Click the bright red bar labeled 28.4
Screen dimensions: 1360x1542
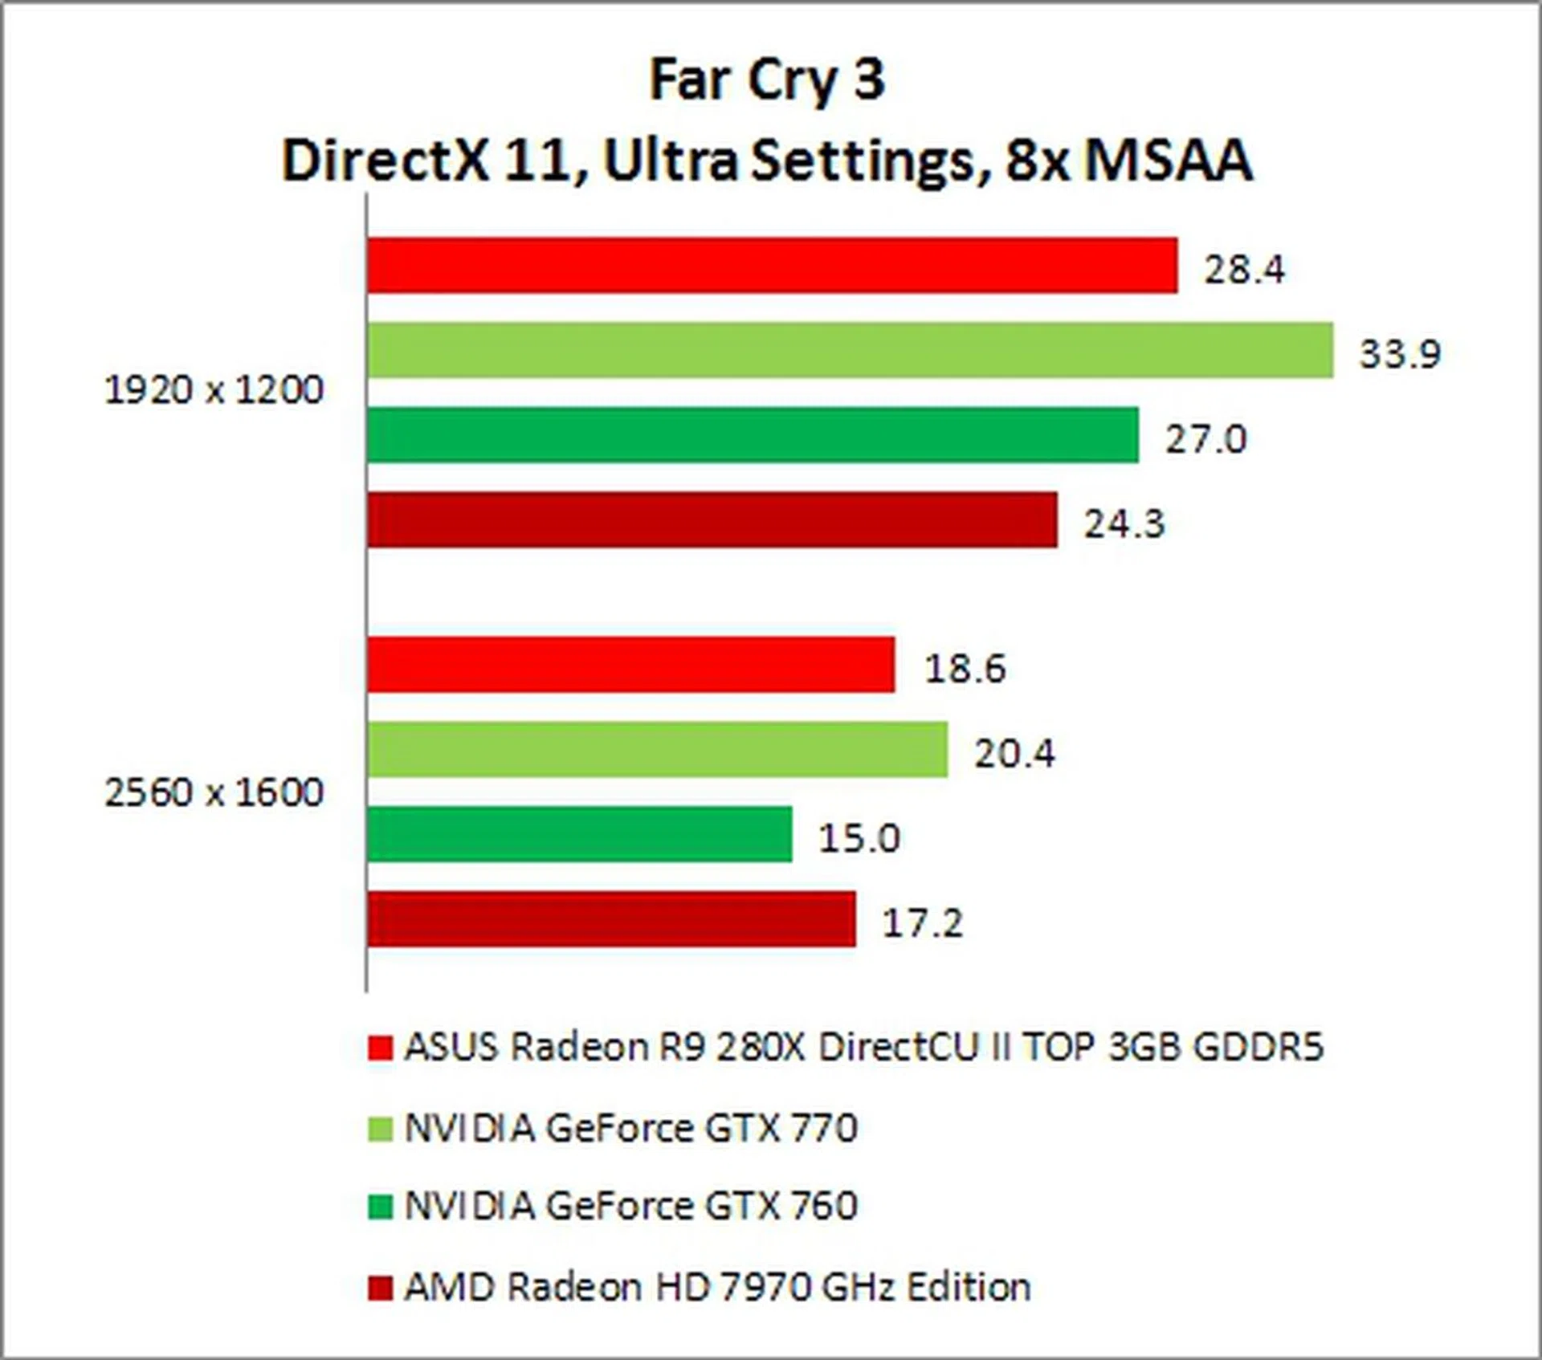click(773, 265)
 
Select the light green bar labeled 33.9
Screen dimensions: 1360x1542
click(851, 350)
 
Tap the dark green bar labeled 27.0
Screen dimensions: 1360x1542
click(753, 435)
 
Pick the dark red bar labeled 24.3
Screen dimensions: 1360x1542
click(712, 520)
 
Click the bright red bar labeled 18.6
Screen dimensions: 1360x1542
click(631, 665)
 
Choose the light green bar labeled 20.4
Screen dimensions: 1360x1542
click(658, 750)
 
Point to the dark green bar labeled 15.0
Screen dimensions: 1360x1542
click(580, 835)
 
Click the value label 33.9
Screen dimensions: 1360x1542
click(1400, 353)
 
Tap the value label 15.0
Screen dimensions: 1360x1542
click(859, 838)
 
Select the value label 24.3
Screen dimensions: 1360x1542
click(1124, 524)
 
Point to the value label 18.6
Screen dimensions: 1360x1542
click(965, 668)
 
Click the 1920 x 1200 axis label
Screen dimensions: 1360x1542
click(214, 390)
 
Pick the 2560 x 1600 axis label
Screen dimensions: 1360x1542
click(214, 792)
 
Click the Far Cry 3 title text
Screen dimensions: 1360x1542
click(767, 80)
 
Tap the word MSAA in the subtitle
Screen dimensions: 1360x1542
click(1169, 161)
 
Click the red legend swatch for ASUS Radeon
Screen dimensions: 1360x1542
click(380, 1048)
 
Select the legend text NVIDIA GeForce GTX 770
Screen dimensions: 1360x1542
click(630, 1129)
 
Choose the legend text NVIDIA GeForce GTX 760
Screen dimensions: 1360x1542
click(630, 1206)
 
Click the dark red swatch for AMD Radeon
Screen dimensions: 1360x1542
click(380, 1289)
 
